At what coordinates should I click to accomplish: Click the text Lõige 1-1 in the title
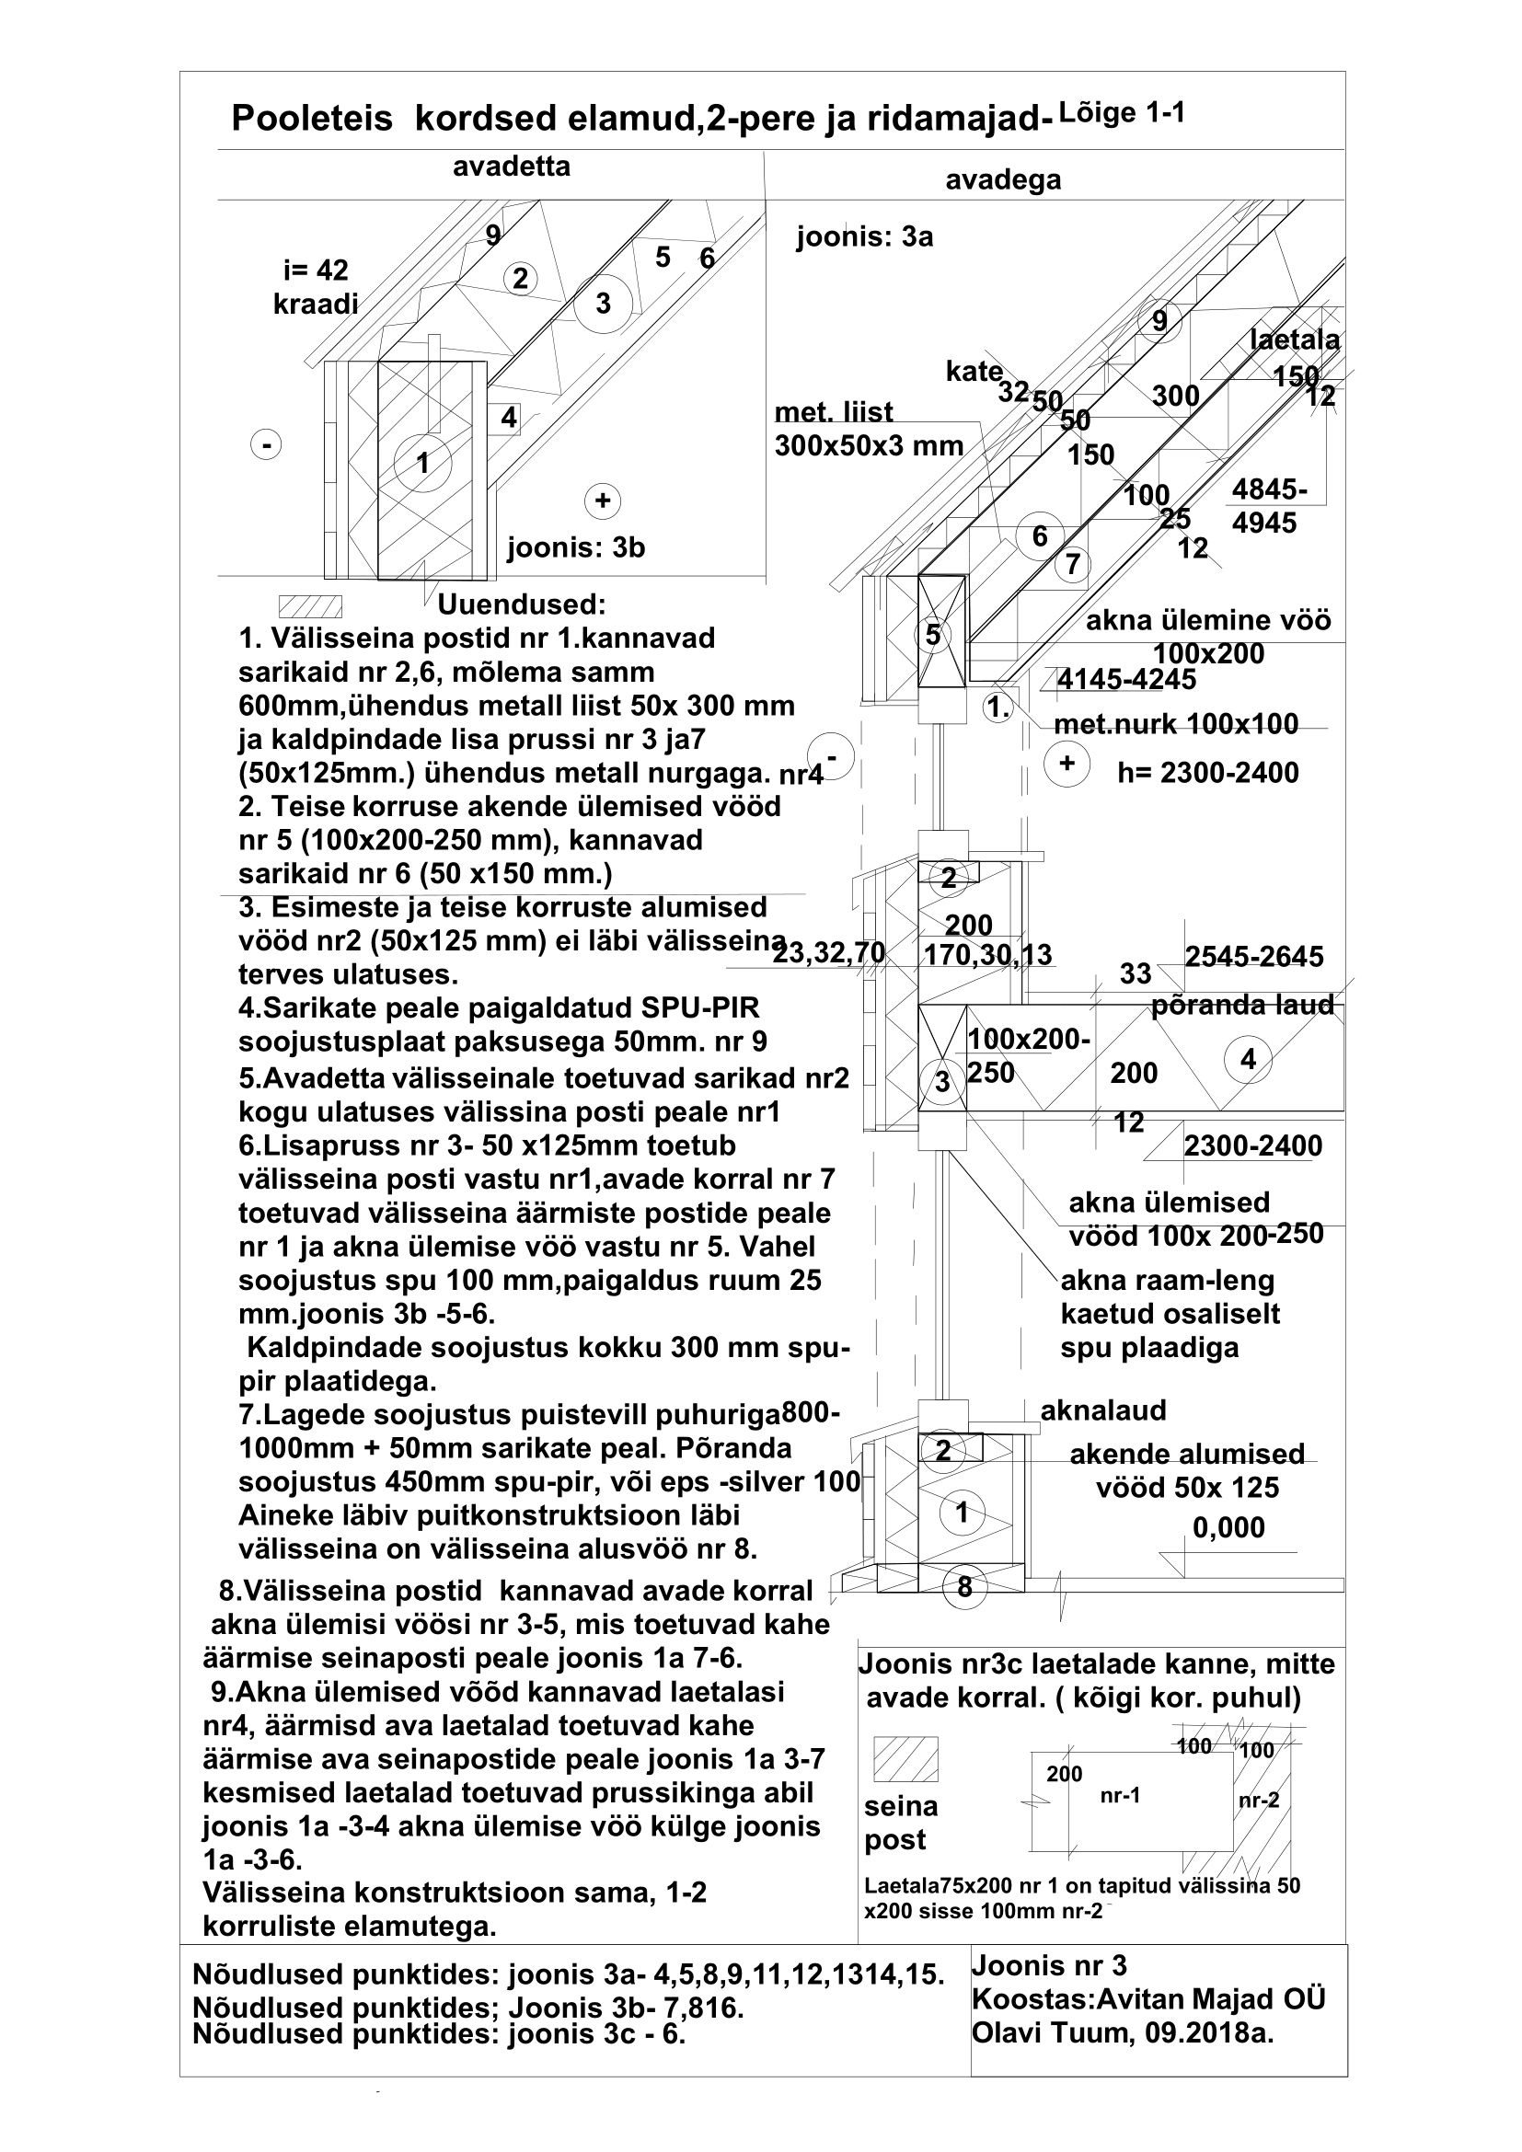pyautogui.click(x=1121, y=114)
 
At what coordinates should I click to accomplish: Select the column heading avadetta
pyautogui.click(x=511, y=167)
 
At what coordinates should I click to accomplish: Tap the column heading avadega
pyautogui.click(x=1003, y=179)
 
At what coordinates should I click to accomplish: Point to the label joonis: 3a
pyautogui.click(x=864, y=237)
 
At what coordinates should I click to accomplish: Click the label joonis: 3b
pyautogui.click(x=575, y=547)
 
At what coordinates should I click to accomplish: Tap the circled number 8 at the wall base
pyautogui.click(x=964, y=1587)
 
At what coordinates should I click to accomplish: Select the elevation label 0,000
pyautogui.click(x=1228, y=1528)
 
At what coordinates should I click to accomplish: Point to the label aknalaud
pyautogui.click(x=1103, y=1410)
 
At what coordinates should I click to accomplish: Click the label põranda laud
pyautogui.click(x=1241, y=1005)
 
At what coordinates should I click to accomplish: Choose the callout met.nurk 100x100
pyautogui.click(x=1176, y=723)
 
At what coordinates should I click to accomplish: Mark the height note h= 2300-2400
pyautogui.click(x=1208, y=772)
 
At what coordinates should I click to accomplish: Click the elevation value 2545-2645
pyautogui.click(x=1254, y=956)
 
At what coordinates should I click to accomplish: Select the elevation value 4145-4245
pyautogui.click(x=1126, y=679)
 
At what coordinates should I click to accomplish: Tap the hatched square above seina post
pyautogui.click(x=905, y=1759)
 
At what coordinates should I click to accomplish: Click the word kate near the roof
pyautogui.click(x=974, y=372)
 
